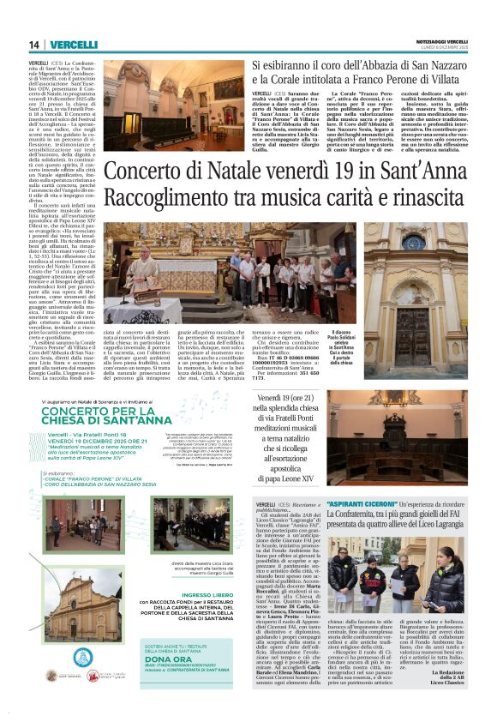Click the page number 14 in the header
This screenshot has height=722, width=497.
pos(34,45)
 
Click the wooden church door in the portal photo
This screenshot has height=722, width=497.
pos(411,339)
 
